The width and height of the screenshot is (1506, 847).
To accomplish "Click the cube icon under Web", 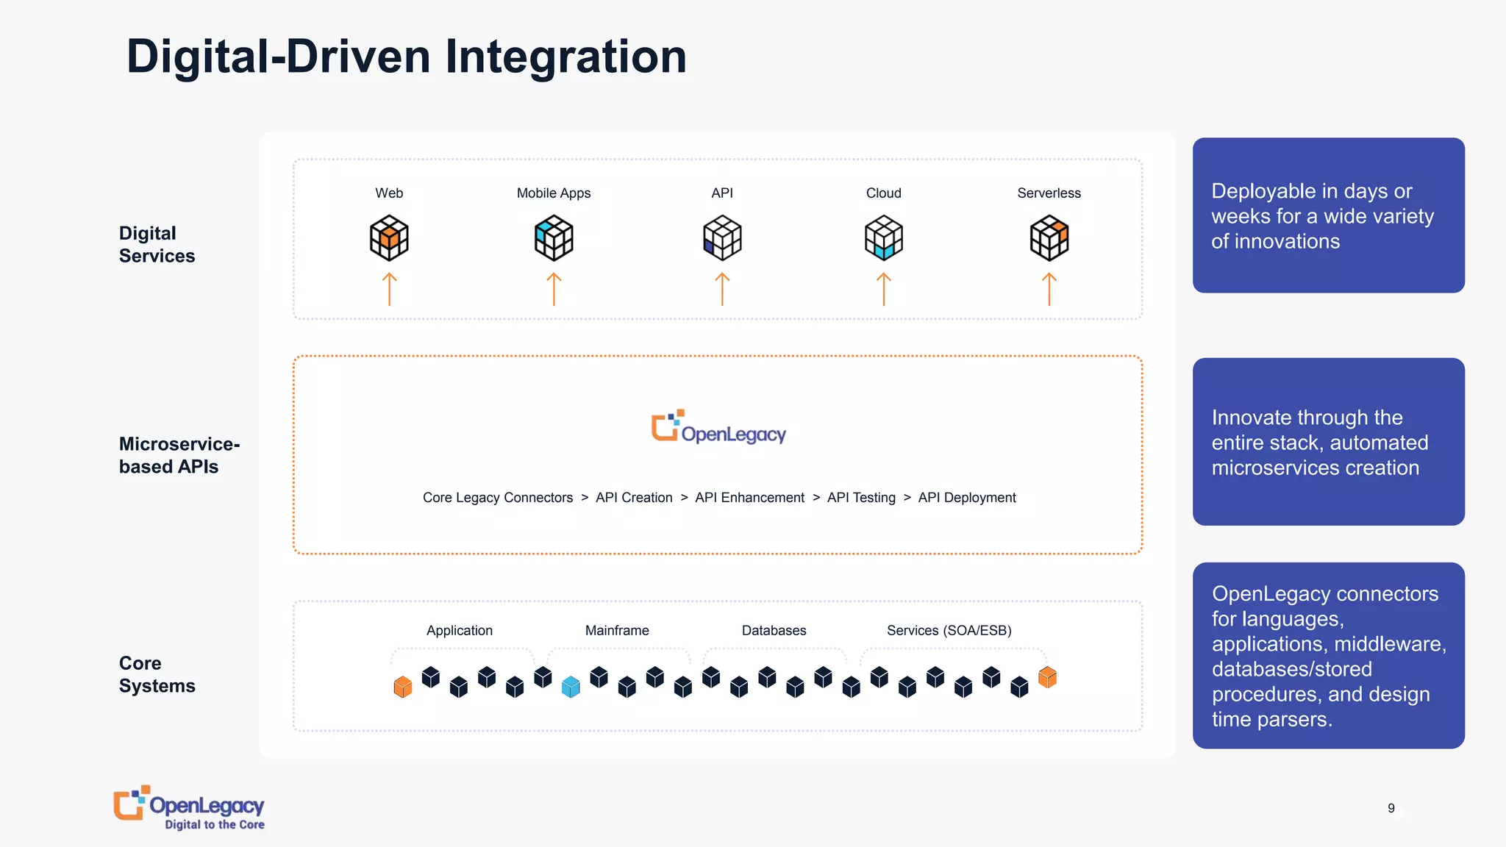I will [389, 237].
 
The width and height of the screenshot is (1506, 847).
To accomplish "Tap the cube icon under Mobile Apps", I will [554, 237].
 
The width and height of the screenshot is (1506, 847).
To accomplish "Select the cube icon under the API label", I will [722, 237].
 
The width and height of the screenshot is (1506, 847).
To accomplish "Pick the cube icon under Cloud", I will [883, 237].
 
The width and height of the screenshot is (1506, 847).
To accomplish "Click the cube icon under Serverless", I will [1049, 237].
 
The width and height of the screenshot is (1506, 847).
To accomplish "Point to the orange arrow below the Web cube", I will [389, 289].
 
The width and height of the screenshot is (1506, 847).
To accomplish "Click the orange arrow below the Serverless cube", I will [1049, 289].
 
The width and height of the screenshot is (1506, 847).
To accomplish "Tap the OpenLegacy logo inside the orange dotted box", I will [718, 427].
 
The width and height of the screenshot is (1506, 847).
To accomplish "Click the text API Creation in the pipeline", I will [634, 498].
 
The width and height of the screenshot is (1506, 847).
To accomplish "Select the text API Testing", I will [861, 498].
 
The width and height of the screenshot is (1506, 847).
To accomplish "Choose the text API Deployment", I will [967, 498].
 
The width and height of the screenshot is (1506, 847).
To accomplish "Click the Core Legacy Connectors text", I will [497, 498].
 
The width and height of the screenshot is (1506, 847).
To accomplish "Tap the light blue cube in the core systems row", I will [571, 687].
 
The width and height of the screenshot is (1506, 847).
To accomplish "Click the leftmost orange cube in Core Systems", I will [402, 687].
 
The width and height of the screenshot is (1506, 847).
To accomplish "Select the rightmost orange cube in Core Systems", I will [1047, 677].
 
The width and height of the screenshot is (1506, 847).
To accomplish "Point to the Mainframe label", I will [617, 630].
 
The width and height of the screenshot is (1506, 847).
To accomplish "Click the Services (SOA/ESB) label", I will [949, 630].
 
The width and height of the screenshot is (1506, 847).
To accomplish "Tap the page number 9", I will [1391, 808].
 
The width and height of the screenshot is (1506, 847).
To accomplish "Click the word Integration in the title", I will [565, 57].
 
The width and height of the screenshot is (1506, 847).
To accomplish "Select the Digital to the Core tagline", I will [214, 825].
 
